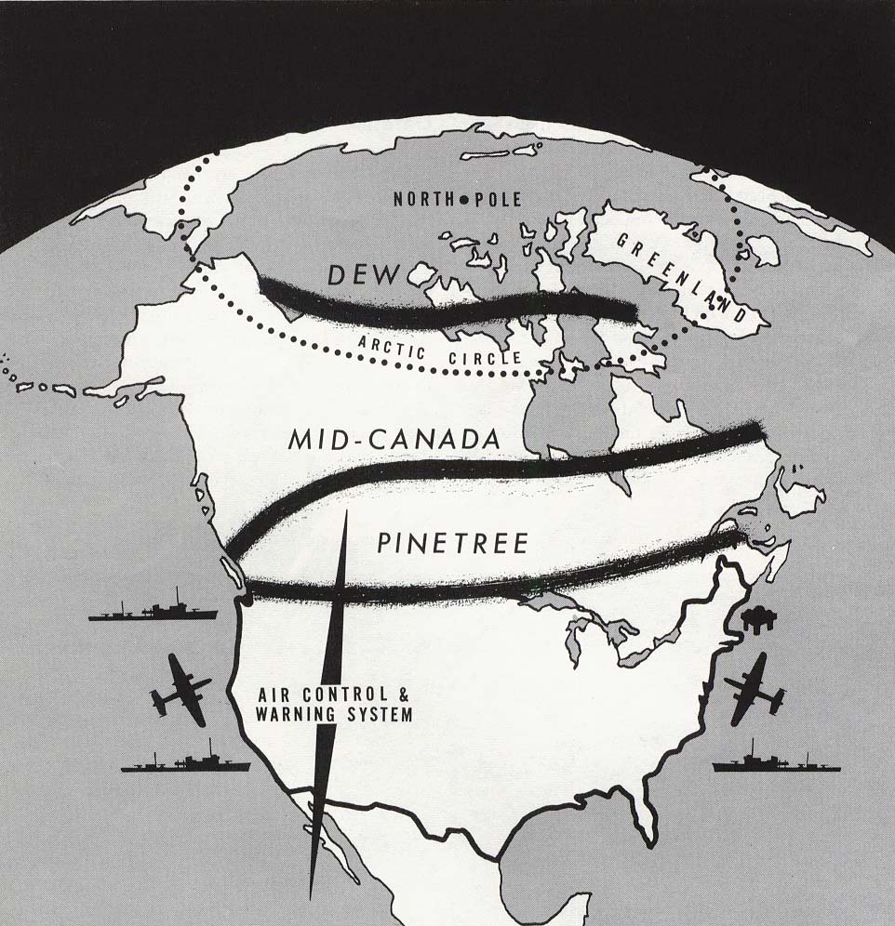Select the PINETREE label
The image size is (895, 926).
453,544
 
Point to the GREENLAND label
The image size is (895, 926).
684,275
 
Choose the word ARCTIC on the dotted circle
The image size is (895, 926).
391,350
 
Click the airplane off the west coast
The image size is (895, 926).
180,689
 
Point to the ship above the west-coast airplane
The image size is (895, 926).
153,608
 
